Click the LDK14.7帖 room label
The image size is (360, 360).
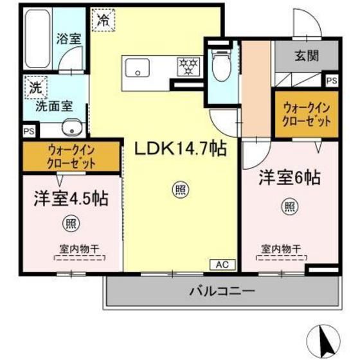click(x=179, y=149)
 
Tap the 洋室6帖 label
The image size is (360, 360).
click(x=290, y=178)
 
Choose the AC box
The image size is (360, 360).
click(x=219, y=265)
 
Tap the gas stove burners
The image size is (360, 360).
click(x=188, y=65)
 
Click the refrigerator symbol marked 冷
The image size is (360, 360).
click(x=104, y=20)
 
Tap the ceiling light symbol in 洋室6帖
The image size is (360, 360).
click(x=290, y=206)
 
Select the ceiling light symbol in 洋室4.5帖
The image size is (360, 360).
click(x=68, y=224)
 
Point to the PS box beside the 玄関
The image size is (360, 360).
click(x=331, y=81)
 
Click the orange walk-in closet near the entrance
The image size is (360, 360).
click(x=305, y=115)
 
